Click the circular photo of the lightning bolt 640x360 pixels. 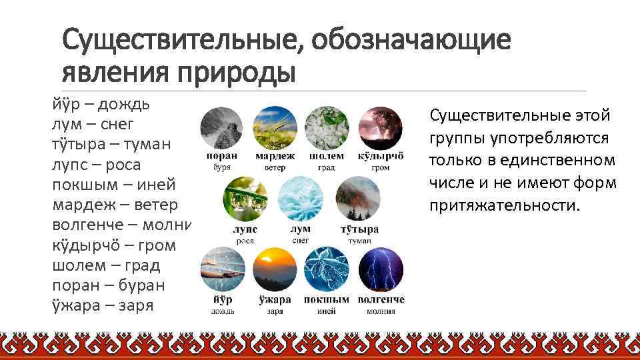click(381, 269)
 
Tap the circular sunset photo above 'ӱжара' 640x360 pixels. click(274, 269)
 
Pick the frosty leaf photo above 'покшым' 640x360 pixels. click(326, 269)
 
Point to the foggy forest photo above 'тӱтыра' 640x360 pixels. click(359, 198)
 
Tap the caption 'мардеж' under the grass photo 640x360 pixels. click(275, 156)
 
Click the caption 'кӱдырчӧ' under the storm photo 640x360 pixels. click(381, 156)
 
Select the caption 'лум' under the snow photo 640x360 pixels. click(300, 229)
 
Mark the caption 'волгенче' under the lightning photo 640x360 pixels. click(381, 300)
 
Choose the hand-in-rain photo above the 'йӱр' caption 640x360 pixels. click(222, 269)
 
